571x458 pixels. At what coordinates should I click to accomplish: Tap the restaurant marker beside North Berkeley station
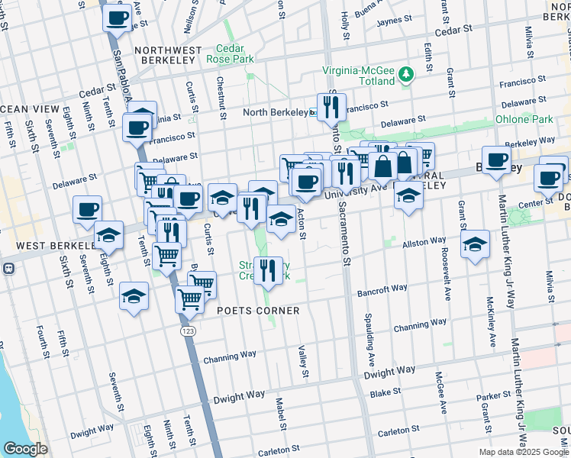click(331, 108)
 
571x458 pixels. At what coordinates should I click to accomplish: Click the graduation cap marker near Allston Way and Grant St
click(475, 245)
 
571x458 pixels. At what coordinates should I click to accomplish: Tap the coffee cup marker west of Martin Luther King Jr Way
click(496, 160)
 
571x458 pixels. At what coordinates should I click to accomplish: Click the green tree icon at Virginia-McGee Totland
click(408, 73)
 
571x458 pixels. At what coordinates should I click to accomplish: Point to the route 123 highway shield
click(188, 331)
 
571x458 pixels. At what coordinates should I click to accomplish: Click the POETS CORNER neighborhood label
click(257, 311)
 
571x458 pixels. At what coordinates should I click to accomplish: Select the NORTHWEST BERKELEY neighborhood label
click(168, 50)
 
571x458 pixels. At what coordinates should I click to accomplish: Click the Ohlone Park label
click(524, 119)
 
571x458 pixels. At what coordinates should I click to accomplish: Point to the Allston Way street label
click(424, 241)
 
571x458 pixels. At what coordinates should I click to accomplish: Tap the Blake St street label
click(386, 392)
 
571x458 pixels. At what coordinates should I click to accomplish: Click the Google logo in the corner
click(25, 449)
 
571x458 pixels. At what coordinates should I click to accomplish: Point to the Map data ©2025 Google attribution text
click(523, 452)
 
